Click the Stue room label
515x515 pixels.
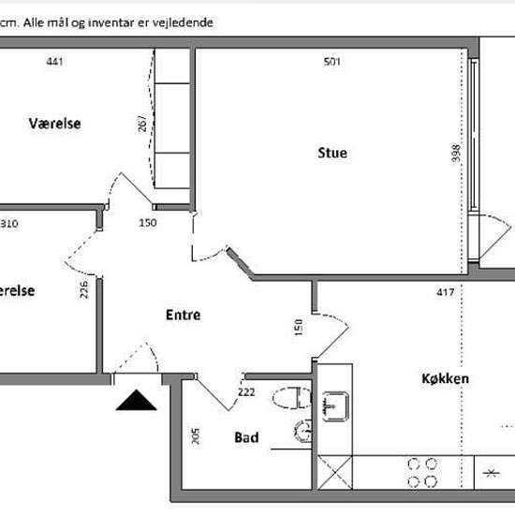point(332,153)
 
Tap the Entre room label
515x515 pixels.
point(184,315)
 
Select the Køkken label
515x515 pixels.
point(445,378)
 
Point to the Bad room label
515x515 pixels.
point(246,437)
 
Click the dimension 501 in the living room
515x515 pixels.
point(332,62)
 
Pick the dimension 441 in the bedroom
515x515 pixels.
point(54,62)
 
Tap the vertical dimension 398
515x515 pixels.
point(456,153)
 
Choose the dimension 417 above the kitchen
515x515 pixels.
point(446,292)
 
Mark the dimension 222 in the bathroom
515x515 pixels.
point(246,391)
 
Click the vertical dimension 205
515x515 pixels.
point(195,436)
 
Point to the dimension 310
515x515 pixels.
point(8,224)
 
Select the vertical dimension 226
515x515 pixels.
point(84,289)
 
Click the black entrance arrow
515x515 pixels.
point(137,400)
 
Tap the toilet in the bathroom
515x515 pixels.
point(291,398)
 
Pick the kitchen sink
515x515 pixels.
point(335,406)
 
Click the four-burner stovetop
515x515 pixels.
point(422,473)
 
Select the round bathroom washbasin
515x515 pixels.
point(302,432)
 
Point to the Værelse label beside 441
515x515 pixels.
point(54,124)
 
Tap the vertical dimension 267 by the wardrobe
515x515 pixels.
point(142,124)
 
